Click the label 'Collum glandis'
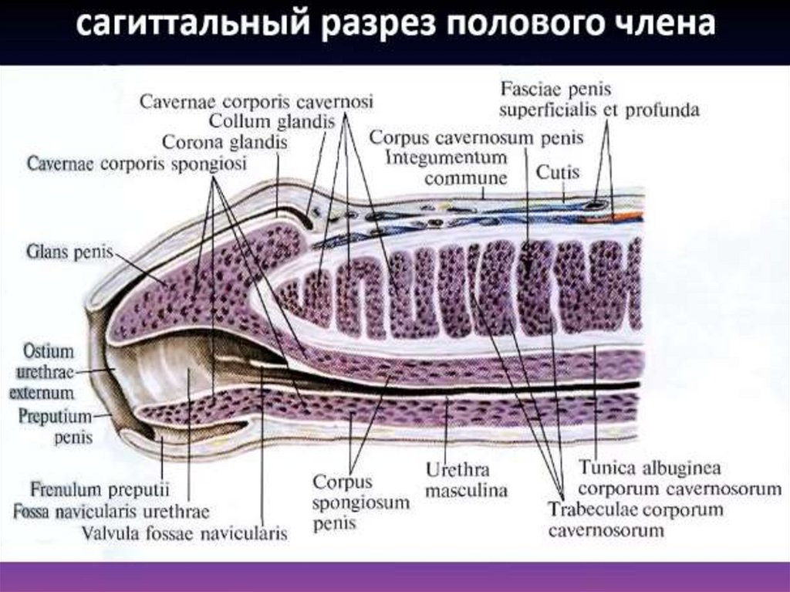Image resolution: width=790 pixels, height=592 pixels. pos(272,122)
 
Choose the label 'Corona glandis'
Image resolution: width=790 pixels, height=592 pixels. pos(225,143)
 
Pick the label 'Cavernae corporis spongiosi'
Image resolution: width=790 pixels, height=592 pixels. pos(137,164)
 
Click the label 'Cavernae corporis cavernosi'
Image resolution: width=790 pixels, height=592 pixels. pos(257,102)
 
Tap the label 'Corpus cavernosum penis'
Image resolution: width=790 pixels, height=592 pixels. pos(477,137)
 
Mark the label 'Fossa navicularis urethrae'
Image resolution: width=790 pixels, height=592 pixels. pos(111,511)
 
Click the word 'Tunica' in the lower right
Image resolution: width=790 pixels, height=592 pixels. pos(606,468)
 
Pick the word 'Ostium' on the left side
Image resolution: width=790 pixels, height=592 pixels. pos(49,352)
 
